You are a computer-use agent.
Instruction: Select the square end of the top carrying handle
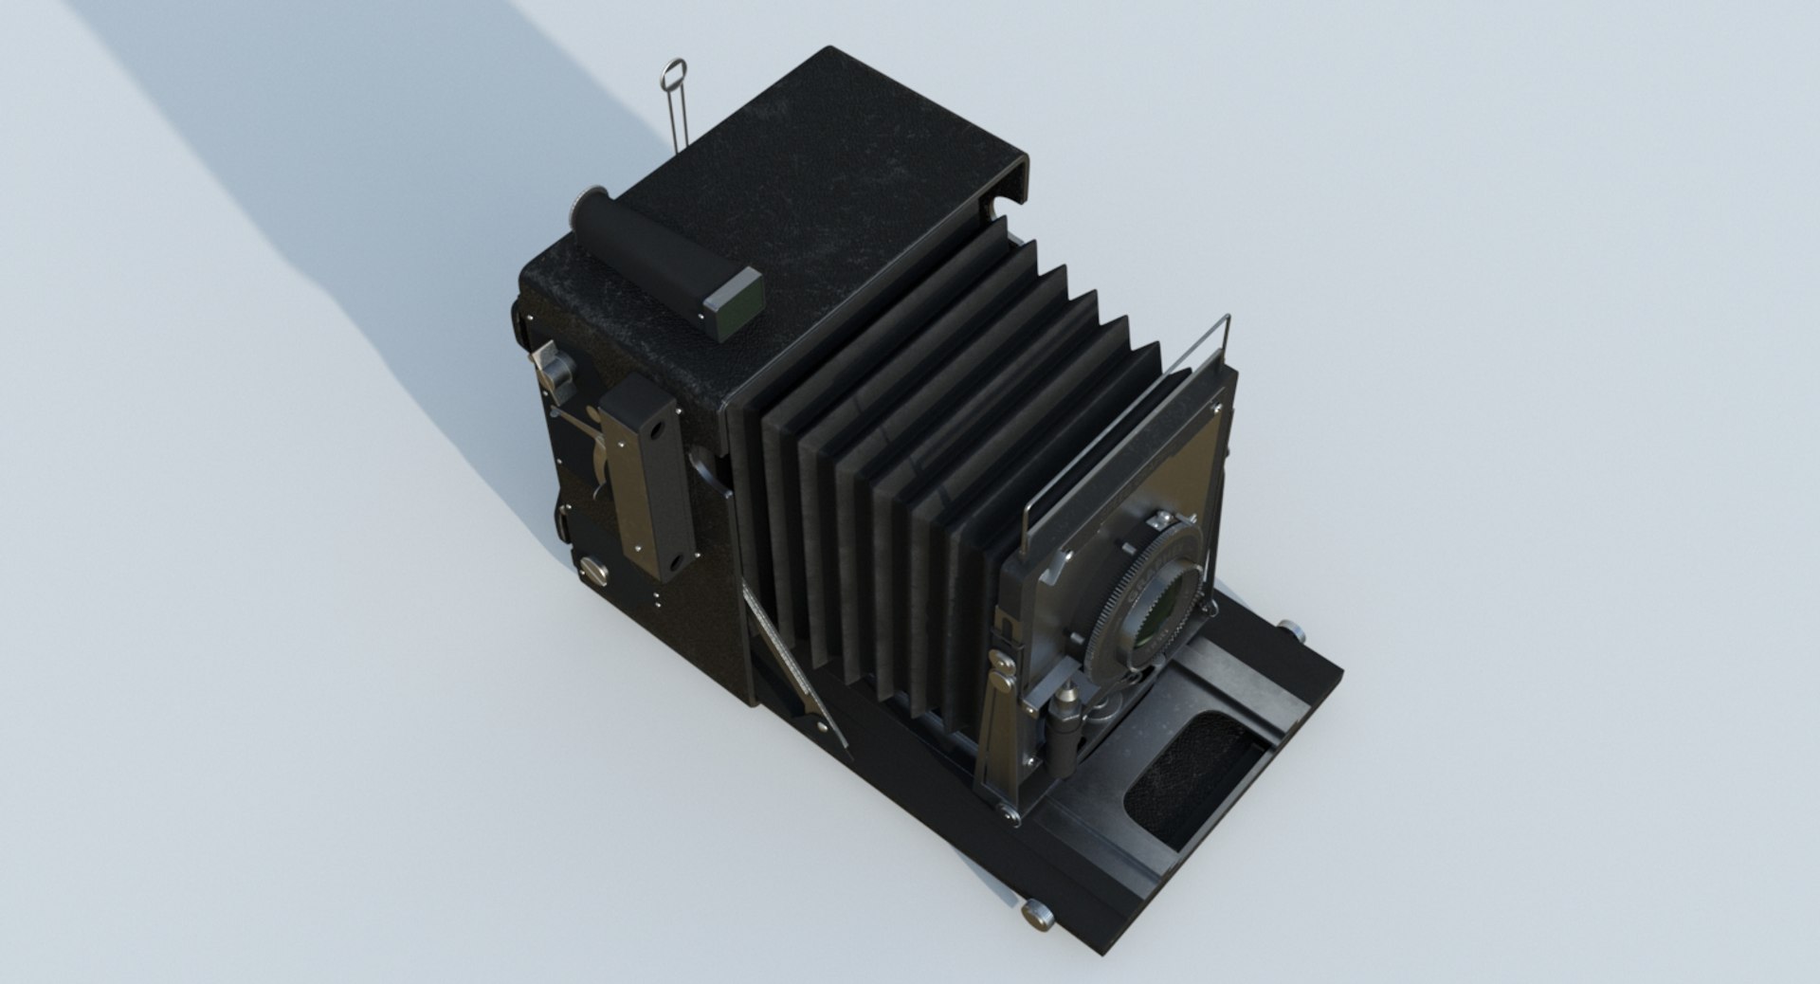[736, 301]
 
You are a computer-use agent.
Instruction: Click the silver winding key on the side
[549, 370]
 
